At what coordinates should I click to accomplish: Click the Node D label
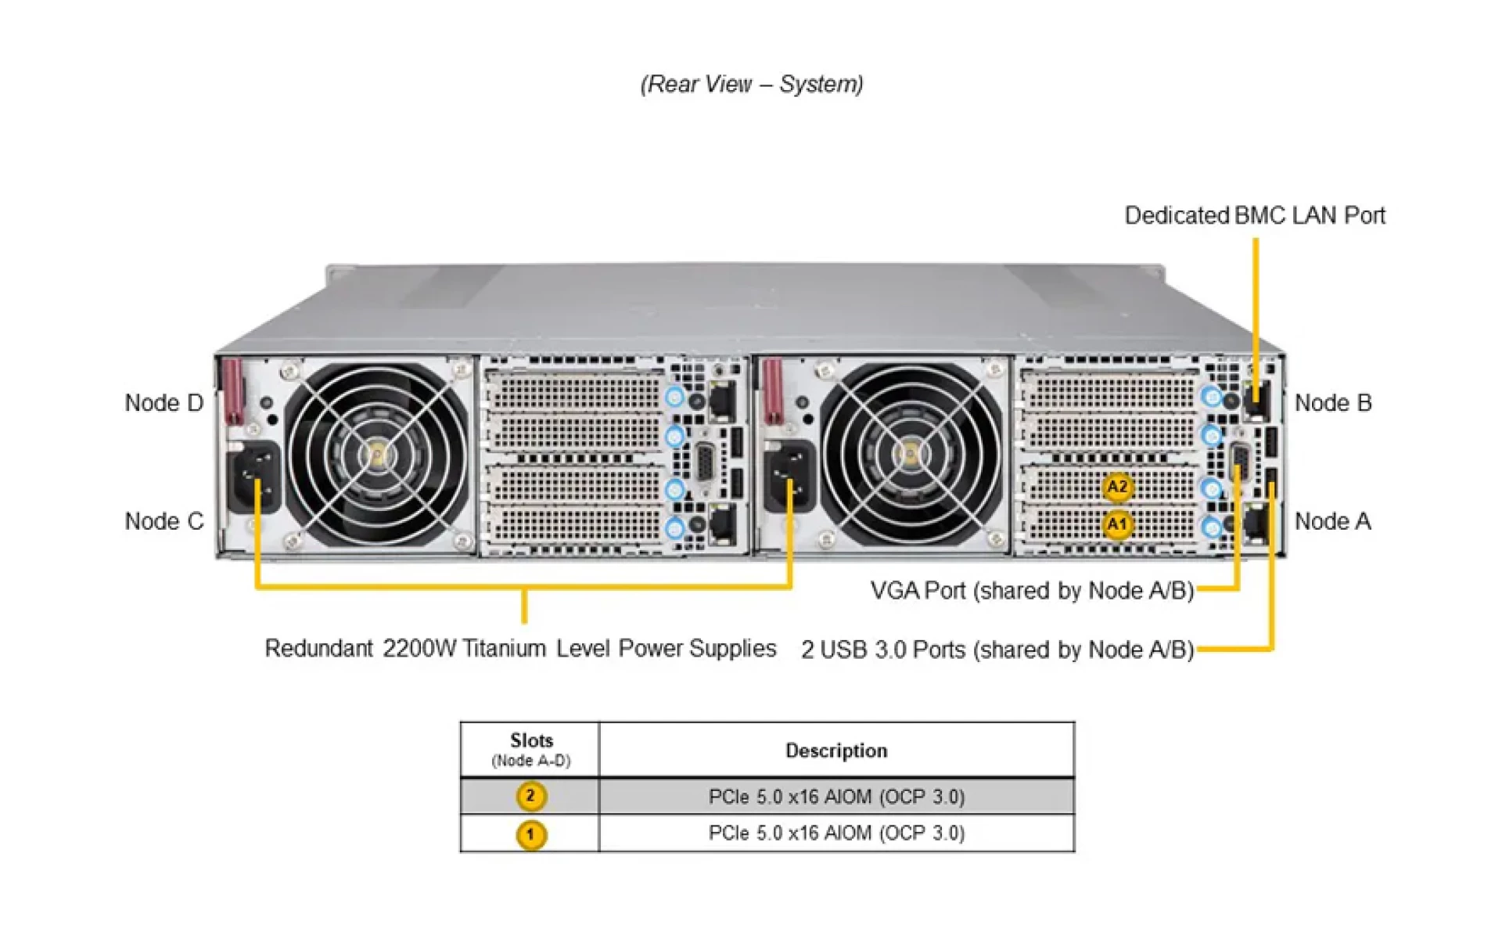pos(163,403)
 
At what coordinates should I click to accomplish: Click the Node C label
pos(163,521)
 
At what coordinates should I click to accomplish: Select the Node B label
pos(1333,403)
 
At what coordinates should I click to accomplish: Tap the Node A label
pos(1332,521)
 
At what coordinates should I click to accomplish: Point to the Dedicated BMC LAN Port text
pos(1254,215)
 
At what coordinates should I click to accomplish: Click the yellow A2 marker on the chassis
pos(1117,487)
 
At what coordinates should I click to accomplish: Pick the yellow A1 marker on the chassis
pos(1117,524)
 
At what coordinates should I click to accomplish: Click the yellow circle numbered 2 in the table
pos(530,797)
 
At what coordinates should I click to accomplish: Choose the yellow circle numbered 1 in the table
pos(530,834)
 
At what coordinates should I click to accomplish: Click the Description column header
pos(836,750)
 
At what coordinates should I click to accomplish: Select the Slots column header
pos(531,741)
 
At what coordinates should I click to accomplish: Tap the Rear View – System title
pos(751,84)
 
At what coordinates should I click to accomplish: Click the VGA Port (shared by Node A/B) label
pos(1032,590)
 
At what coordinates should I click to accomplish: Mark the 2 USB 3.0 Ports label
pos(997,650)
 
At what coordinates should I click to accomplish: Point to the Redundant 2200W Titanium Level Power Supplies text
pos(520,649)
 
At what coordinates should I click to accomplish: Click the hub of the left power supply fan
pos(378,455)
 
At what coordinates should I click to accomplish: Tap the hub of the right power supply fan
pos(910,455)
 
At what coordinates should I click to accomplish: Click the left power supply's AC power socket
pos(253,478)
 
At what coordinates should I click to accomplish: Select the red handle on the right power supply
pos(772,391)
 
